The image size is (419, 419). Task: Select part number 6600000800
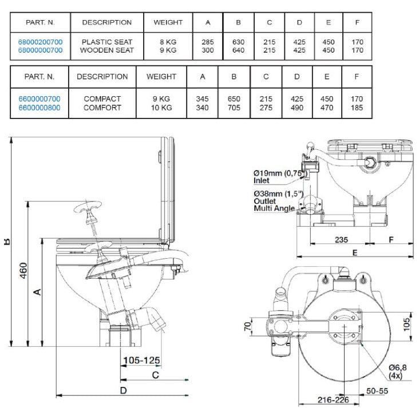39,107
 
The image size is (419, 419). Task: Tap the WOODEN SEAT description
107,50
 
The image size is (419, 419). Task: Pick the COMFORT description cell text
102,107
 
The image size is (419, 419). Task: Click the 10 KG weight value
161,107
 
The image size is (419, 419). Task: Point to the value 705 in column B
234,107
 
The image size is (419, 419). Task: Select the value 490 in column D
297,107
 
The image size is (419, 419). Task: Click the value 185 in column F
356,107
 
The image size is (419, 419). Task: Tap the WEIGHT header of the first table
168,22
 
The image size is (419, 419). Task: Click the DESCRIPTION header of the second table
102,77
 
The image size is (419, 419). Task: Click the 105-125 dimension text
141,361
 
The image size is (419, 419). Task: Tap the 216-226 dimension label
334,400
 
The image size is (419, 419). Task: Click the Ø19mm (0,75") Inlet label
278,176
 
